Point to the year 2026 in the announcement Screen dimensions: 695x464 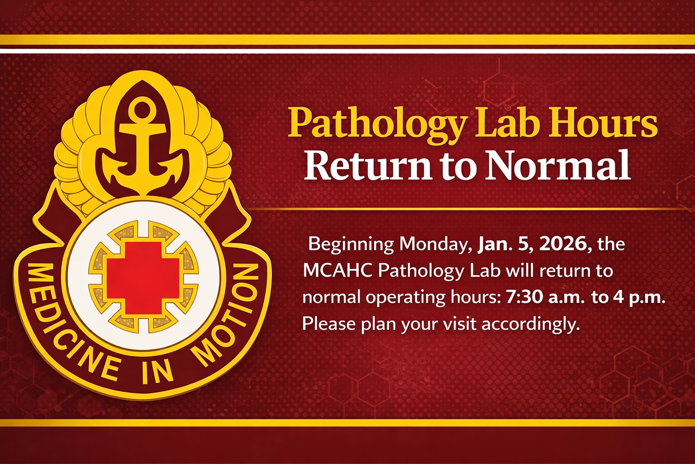(565, 244)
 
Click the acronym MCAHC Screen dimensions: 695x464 (338, 271)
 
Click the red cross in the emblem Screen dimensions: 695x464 (143, 278)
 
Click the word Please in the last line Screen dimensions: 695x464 (329, 324)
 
